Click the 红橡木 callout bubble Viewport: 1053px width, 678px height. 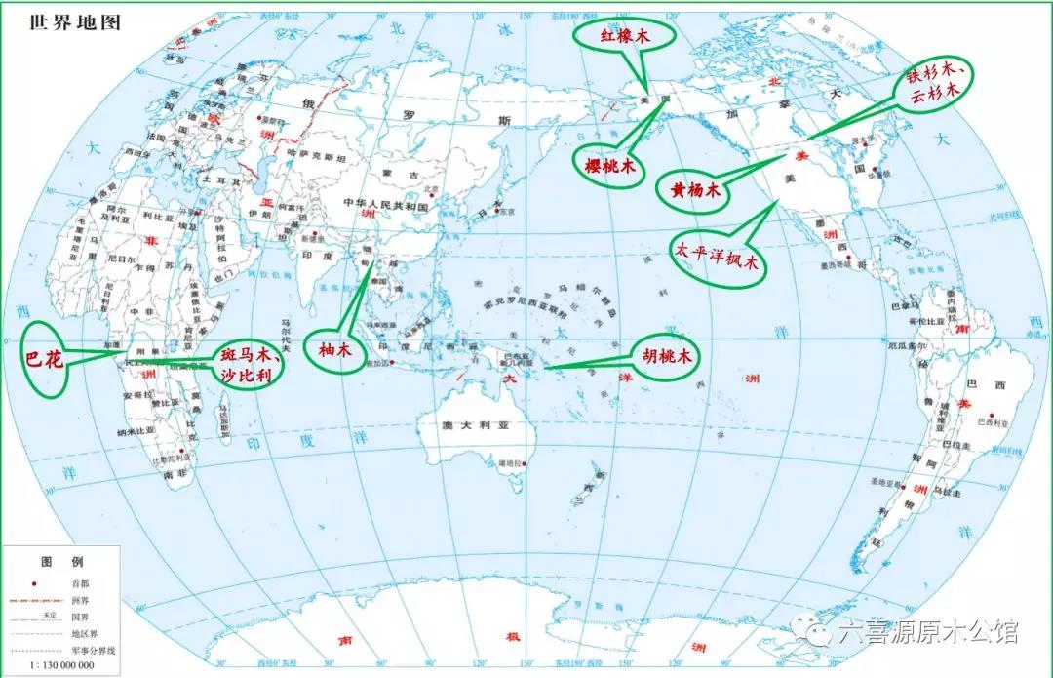tap(624, 36)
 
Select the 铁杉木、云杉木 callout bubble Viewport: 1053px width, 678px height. tap(937, 85)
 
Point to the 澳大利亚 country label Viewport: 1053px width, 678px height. tap(466, 426)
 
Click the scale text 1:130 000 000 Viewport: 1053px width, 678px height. tap(55, 665)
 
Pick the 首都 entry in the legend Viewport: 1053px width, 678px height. tap(94, 584)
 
